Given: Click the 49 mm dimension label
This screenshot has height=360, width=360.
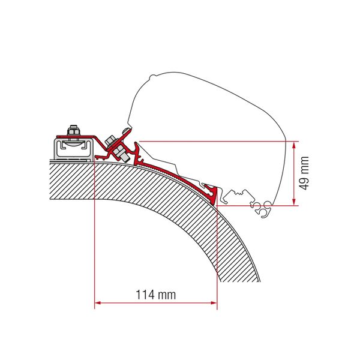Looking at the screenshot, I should click(306, 173).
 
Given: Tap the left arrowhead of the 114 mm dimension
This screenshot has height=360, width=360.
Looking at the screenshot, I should click(98, 304).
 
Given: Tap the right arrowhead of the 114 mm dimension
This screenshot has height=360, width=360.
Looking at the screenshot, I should click(214, 304).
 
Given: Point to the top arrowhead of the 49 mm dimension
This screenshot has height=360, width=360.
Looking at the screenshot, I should click(294, 145).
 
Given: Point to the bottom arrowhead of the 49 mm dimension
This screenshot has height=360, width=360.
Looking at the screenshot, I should click(294, 203).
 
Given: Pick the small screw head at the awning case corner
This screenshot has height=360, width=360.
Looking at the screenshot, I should click(124, 133).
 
